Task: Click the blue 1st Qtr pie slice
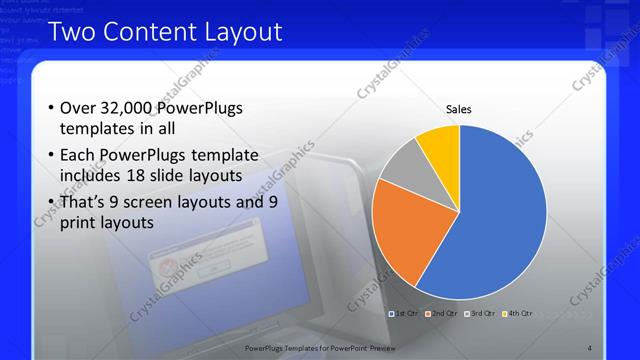point(500,220)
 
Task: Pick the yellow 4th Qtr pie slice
point(439,145)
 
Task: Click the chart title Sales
point(459,110)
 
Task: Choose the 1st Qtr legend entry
point(404,313)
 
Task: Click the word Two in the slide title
point(70,32)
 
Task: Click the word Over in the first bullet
point(78,109)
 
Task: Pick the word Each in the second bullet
point(78,155)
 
